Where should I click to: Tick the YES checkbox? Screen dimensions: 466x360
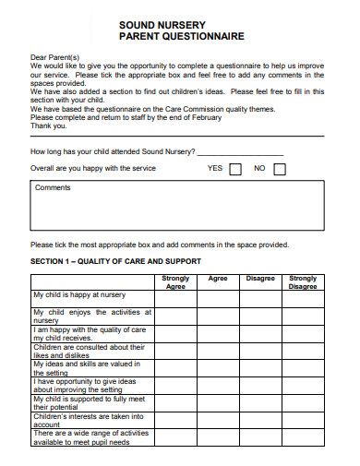pos(234,169)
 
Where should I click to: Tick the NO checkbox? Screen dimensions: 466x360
pos(280,169)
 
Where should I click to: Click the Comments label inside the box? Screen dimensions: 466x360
pos(53,187)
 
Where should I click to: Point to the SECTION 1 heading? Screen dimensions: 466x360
pos(115,261)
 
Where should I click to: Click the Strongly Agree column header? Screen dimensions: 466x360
pos(175,282)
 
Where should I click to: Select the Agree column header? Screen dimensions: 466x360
pos(218,279)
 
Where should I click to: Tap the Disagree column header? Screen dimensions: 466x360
pos(259,279)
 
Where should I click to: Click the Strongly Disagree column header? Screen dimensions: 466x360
pos(303,282)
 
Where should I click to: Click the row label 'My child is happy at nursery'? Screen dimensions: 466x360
pos(79,294)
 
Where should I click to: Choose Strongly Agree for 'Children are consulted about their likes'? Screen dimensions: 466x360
pos(175,351)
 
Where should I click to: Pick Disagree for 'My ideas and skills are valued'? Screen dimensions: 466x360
pos(259,368)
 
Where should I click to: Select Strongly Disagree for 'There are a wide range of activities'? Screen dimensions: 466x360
pos(303,437)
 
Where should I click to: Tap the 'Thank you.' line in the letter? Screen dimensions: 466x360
pos(49,126)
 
